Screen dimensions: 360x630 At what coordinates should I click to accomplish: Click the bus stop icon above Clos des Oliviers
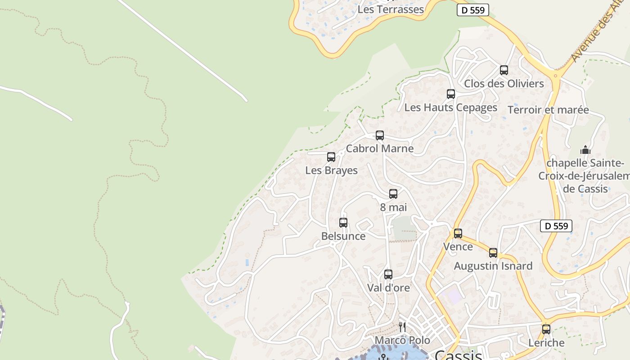(x=504, y=70)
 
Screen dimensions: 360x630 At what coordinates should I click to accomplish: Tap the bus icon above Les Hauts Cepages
(x=450, y=94)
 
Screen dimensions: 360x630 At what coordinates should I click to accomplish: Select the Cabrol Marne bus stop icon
(x=379, y=135)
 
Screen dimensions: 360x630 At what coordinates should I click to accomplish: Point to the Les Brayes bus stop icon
(x=331, y=157)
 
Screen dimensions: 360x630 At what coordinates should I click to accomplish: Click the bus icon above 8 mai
(x=393, y=194)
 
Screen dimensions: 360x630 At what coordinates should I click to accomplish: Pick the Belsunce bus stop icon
(x=343, y=223)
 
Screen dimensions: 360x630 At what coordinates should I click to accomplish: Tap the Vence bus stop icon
(x=458, y=234)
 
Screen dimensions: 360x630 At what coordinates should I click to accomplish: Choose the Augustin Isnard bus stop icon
(x=493, y=253)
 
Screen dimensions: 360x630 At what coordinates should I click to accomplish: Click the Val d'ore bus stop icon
(x=388, y=274)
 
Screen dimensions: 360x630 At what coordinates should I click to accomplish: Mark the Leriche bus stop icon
(x=546, y=329)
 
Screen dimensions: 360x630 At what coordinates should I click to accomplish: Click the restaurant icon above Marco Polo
(x=402, y=327)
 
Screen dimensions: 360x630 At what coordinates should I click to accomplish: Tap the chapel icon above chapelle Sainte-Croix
(x=585, y=150)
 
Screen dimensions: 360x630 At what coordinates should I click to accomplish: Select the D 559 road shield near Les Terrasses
(x=472, y=10)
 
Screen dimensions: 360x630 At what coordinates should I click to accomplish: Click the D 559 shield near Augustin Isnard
(x=556, y=226)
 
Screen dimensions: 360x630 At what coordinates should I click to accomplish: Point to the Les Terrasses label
(x=391, y=9)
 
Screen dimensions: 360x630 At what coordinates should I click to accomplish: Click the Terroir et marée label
(x=548, y=110)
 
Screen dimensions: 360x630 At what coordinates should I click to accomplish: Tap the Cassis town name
(x=458, y=355)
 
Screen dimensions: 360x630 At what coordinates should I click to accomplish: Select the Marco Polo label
(x=402, y=340)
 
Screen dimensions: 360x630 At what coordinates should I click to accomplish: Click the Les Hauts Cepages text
(x=450, y=108)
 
